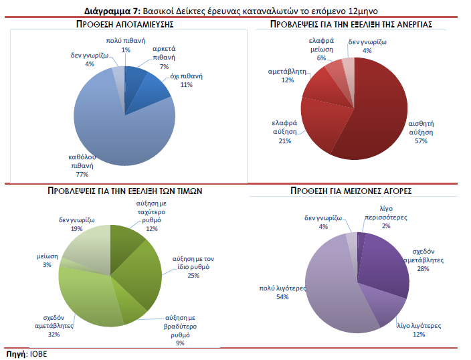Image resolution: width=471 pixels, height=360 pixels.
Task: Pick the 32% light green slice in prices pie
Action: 87,294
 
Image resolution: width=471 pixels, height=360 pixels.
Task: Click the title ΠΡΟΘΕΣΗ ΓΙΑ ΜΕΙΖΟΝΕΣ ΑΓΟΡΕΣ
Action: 351,191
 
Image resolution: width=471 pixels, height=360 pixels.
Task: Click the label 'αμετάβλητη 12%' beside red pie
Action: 287,75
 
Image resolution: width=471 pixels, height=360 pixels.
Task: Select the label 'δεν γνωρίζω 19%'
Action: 77,223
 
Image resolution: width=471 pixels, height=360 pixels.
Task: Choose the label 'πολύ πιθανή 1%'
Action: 125,46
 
